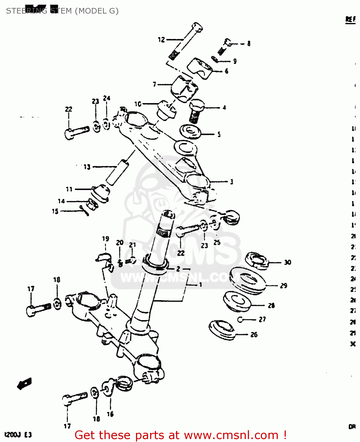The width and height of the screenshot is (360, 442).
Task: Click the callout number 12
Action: point(161,39)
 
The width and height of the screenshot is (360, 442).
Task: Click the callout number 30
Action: point(287,262)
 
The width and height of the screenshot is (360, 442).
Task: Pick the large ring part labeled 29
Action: point(247,280)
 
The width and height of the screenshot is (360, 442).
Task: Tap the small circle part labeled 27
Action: point(240,319)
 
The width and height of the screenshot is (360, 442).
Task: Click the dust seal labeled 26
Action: point(221,330)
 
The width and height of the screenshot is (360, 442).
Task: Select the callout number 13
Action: point(87,167)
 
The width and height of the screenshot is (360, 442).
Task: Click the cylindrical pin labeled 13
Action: point(117,172)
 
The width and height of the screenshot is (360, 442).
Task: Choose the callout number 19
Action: point(106,239)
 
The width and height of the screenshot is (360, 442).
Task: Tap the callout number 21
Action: point(132,245)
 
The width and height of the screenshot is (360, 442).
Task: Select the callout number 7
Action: point(155,84)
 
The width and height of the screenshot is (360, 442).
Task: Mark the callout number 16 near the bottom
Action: point(110,414)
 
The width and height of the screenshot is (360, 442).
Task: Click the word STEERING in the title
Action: point(26,11)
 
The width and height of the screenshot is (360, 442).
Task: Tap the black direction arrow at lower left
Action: point(24,383)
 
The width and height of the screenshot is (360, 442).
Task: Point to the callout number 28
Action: point(271,306)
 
